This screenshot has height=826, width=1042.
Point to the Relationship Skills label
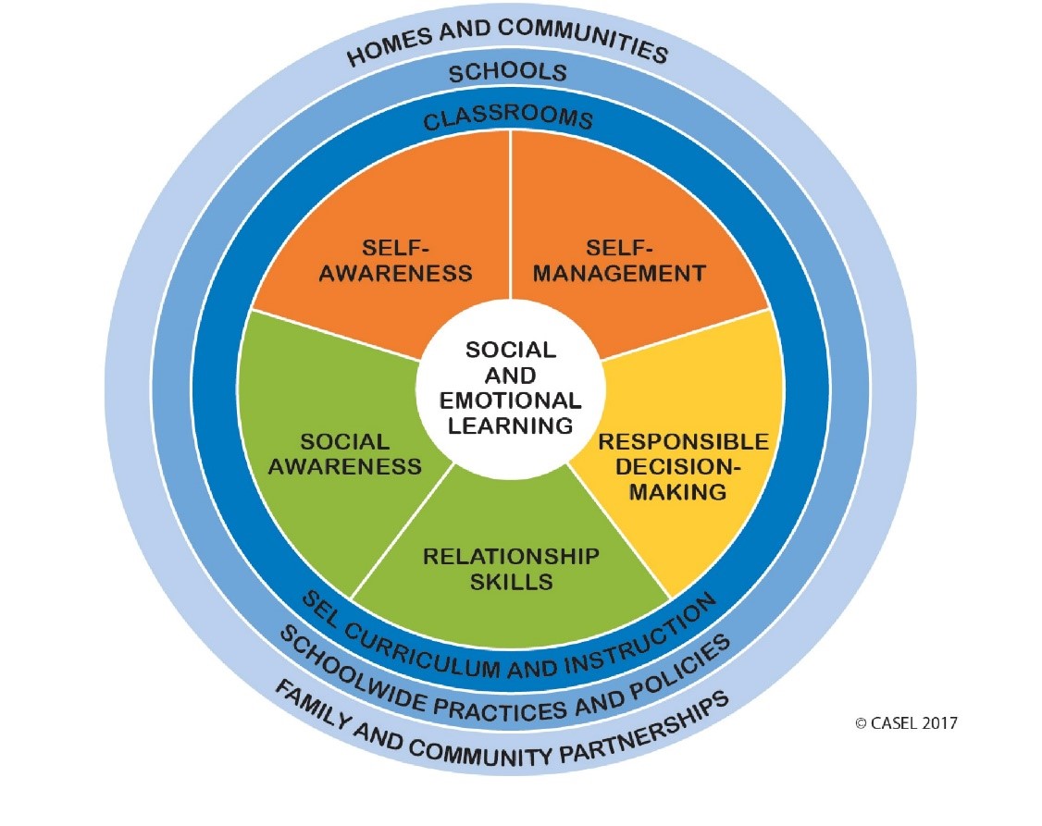510,569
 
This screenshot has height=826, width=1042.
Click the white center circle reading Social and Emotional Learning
510,388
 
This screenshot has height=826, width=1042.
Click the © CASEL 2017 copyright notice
906,722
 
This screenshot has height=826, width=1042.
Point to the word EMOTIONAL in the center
510,401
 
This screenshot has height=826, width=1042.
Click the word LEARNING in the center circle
510,425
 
